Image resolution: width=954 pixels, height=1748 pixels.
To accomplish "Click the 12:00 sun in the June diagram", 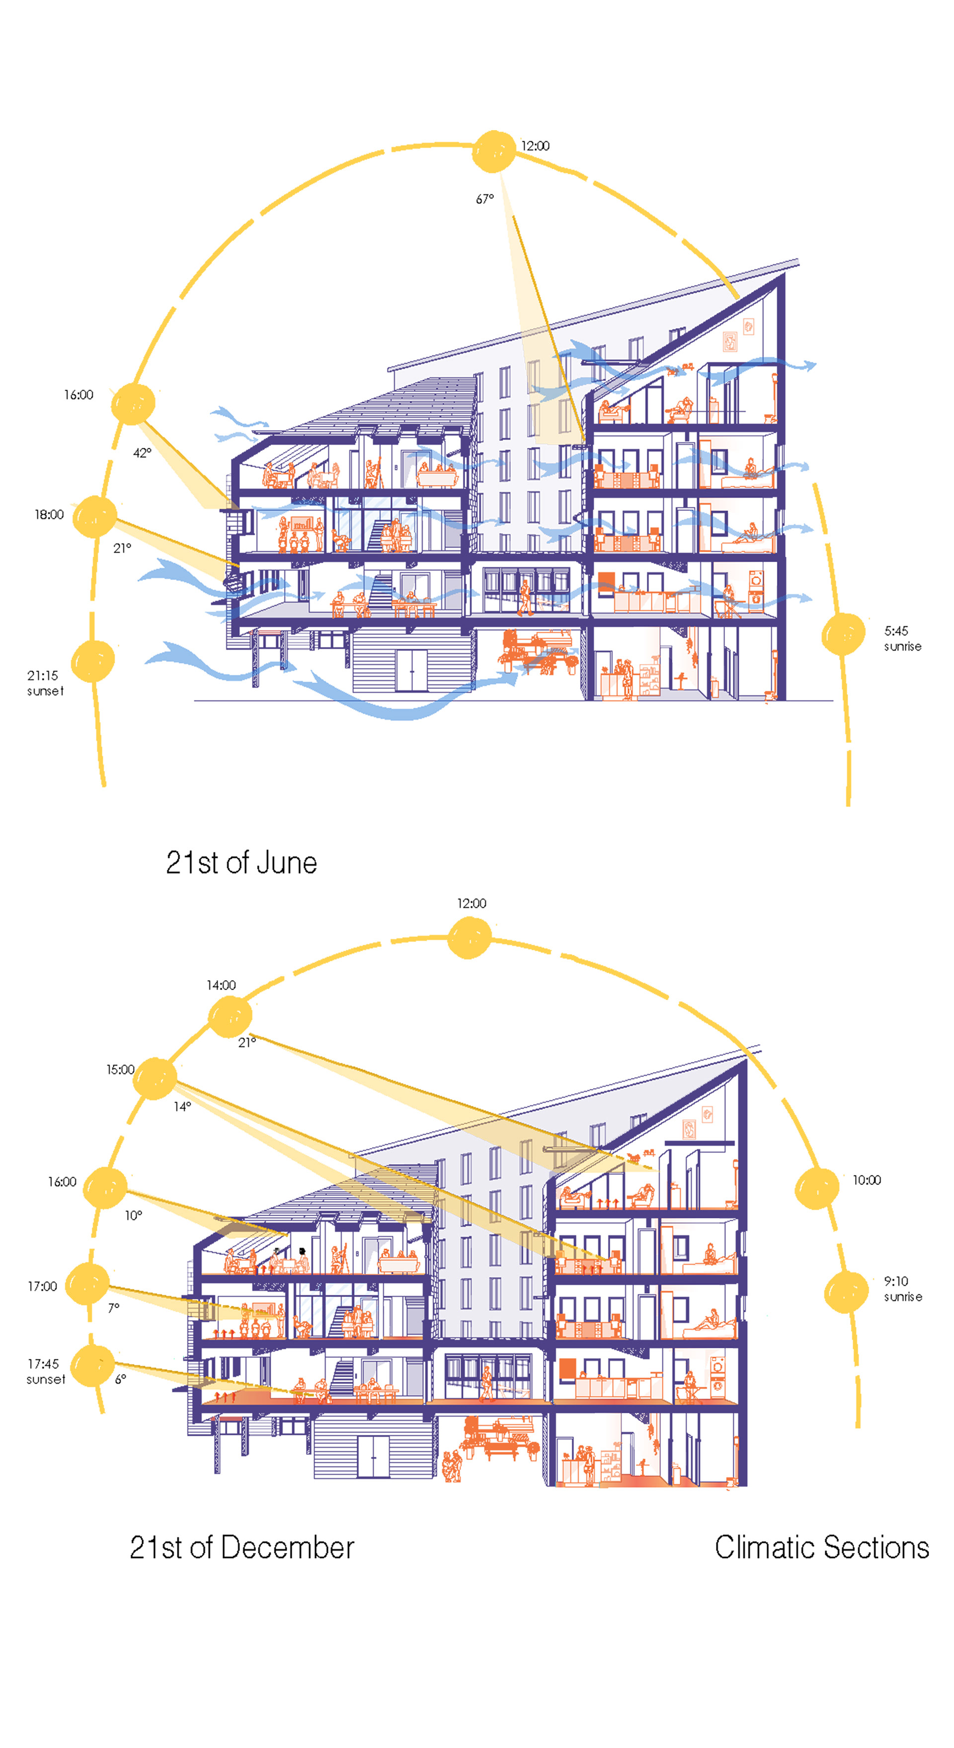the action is (x=493, y=151).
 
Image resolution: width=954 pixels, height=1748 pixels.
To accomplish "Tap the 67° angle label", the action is (x=484, y=199).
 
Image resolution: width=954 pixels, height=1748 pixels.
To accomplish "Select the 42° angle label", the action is (x=142, y=453).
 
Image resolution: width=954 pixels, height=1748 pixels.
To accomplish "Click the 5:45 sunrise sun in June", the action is (x=843, y=635).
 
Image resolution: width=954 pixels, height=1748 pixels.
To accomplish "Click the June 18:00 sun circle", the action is (x=95, y=516).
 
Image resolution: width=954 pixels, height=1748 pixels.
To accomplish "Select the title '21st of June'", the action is (x=241, y=862).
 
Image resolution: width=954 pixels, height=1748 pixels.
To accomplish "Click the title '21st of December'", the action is (x=241, y=1548).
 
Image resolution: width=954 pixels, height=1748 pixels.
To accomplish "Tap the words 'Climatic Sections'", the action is (x=822, y=1548).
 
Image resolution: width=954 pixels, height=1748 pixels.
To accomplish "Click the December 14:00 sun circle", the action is (x=230, y=1016).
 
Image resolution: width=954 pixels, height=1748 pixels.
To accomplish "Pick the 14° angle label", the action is (x=182, y=1107).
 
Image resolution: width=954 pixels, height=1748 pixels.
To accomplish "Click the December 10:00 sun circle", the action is (x=816, y=1188).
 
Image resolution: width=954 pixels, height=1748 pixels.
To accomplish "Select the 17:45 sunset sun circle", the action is (x=92, y=1365).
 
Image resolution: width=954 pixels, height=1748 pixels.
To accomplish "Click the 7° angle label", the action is (x=113, y=1308).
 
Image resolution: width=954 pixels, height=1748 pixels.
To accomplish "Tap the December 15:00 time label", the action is (x=120, y=1070).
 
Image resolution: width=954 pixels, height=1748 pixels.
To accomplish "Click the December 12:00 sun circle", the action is (x=470, y=938).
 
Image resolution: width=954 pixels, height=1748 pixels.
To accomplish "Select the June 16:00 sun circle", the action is (x=133, y=404).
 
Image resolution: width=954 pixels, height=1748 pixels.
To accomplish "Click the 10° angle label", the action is (x=134, y=1215).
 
